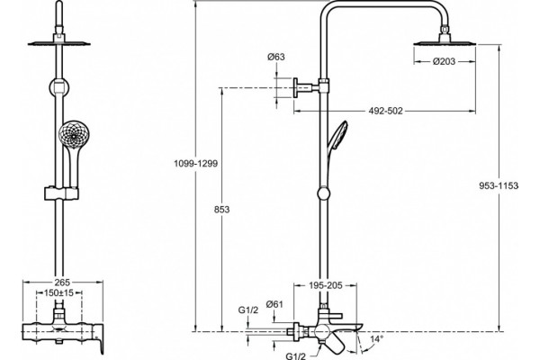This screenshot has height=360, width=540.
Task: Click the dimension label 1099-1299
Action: click(x=195, y=163)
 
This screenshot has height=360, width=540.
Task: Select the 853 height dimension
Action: click(x=221, y=209)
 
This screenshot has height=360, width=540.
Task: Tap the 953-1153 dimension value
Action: click(x=499, y=185)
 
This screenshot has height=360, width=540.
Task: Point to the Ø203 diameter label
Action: click(x=445, y=61)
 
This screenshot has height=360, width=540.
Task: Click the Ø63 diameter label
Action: click(x=276, y=57)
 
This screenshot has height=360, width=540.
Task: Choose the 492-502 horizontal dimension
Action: click(x=385, y=111)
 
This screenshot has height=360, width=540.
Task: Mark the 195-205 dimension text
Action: click(x=326, y=285)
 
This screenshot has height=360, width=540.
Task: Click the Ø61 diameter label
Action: click(x=274, y=304)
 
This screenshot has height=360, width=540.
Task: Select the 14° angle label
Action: click(x=376, y=339)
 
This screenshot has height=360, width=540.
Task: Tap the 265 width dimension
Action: click(x=62, y=283)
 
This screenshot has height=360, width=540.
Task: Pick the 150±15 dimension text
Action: click(x=58, y=293)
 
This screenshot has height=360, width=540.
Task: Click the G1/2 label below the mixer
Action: click(x=296, y=355)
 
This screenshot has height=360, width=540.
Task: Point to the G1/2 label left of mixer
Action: click(x=248, y=310)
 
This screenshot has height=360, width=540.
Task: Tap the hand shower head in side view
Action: click(x=337, y=136)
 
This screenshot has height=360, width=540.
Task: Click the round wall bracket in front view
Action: click(x=59, y=87)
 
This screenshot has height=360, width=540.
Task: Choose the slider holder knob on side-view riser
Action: click(x=323, y=193)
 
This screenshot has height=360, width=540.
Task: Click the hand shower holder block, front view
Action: click(x=61, y=193)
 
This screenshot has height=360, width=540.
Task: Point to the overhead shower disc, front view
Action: click(x=58, y=43)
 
